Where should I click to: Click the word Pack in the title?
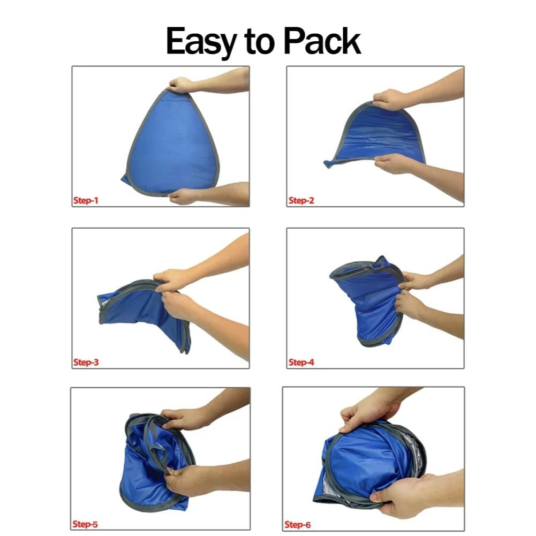(322, 41)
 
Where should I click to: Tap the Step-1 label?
(86, 201)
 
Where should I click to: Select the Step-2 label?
(301, 201)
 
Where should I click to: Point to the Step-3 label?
(86, 363)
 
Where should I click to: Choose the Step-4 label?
(301, 363)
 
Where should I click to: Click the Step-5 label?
(85, 524)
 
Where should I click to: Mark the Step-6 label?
(298, 524)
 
